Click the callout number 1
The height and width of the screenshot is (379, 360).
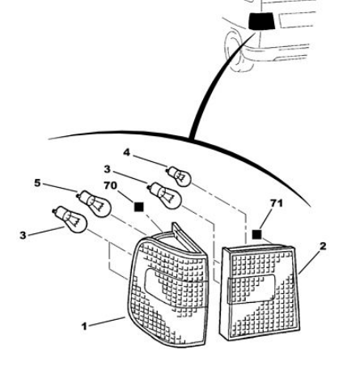coord(84,326)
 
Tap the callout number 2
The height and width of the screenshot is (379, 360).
coord(323,246)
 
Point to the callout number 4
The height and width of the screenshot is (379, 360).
coord(126,152)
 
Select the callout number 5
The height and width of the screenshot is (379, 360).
coord(37,183)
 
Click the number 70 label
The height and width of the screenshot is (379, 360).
coord(110,185)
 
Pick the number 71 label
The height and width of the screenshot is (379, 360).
coord(277,203)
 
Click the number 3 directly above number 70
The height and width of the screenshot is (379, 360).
coord(107,169)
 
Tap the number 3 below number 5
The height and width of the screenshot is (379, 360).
coord(23,235)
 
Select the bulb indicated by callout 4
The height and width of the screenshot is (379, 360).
coord(179,177)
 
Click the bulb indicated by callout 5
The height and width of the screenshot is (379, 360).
coord(95,204)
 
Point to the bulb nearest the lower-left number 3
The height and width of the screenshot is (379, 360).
coord(70,219)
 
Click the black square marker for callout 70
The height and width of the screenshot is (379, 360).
coord(139,207)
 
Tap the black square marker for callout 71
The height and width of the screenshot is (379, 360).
coord(256,234)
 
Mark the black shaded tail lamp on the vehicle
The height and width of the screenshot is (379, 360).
coord(261,21)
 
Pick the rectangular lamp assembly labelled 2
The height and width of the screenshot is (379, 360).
coord(260,293)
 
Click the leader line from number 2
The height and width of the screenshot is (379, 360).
coord(310,262)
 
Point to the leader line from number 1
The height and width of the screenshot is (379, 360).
coord(107,322)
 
